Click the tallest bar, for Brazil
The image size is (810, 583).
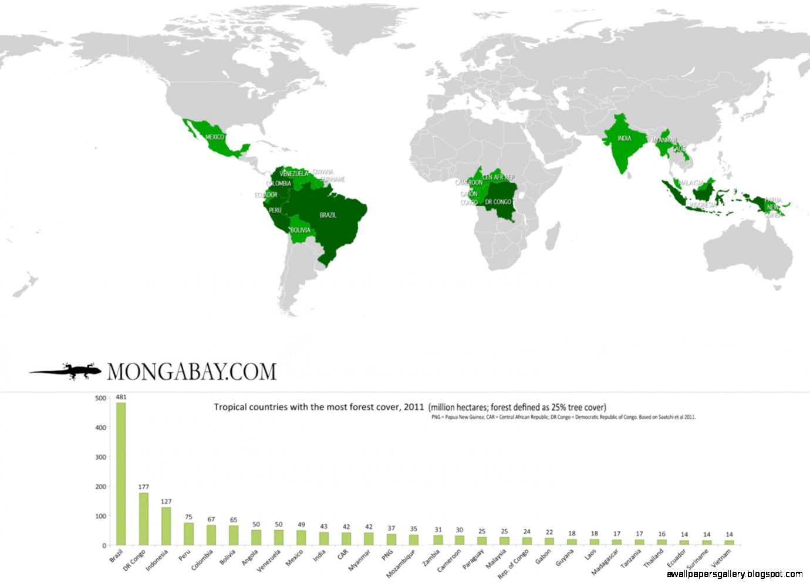pos(121,474)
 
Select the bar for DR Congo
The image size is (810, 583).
pos(143,519)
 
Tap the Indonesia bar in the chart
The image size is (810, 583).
pos(166,526)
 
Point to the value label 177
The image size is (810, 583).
pos(143,487)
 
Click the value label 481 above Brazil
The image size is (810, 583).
pos(121,397)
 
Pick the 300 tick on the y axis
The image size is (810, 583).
pos(100,457)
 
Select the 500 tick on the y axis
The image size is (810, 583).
pos(100,398)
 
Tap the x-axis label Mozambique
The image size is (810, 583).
pos(401,563)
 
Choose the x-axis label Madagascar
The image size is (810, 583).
pos(605,562)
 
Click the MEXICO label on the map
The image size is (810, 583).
pos(214,137)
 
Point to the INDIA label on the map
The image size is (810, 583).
pos(624,139)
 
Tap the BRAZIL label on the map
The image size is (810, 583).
pos(328,215)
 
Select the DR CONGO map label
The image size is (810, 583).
pos(498,202)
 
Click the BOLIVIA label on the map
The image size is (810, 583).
pos(301,230)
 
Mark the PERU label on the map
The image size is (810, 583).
pos(275,210)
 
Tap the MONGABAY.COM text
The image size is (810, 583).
pos(191,372)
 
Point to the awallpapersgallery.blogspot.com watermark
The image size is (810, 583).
pos(734,574)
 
